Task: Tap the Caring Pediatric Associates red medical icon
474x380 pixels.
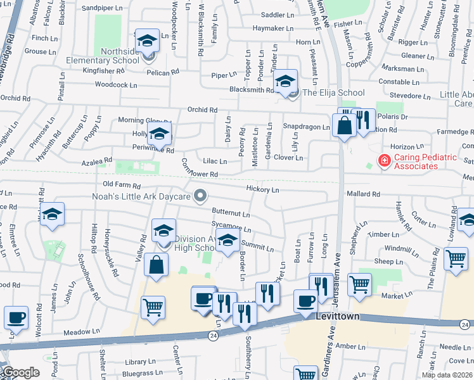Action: (383, 161)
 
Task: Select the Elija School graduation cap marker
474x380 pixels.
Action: (286, 82)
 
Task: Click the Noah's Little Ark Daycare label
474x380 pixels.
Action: (142, 197)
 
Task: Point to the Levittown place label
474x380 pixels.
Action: (338, 316)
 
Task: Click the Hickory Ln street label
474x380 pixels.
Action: (262, 189)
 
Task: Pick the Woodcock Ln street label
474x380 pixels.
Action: (115, 84)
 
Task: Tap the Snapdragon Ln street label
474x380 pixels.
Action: (306, 127)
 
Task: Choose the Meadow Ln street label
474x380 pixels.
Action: (82, 331)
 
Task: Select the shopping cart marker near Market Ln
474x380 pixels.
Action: (360, 285)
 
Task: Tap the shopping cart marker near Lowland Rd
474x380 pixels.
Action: (456, 259)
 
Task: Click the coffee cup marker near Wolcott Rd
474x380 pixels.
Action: (16, 317)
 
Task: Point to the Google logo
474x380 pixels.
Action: (21, 373)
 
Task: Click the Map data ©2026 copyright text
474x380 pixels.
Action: (447, 375)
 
